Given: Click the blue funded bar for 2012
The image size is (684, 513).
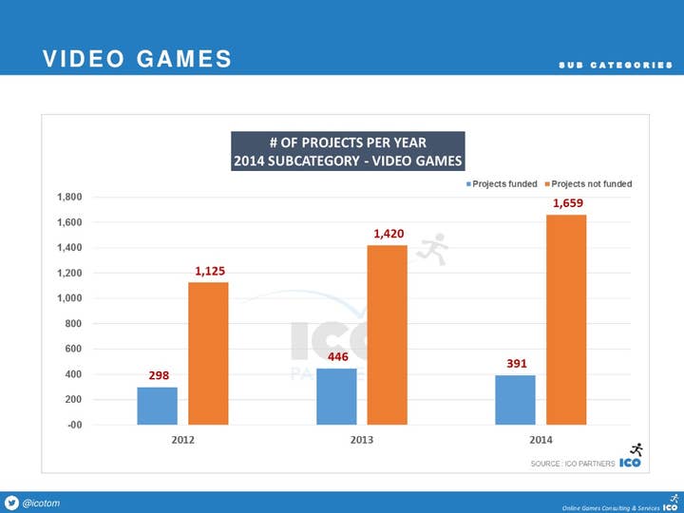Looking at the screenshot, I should tap(157, 406).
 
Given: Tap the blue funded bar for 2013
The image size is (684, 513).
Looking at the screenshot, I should tap(335, 396).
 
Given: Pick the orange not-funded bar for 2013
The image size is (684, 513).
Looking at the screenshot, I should tap(387, 334).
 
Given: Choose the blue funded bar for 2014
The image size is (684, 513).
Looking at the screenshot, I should tap(515, 400).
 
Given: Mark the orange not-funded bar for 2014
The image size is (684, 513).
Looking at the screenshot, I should tap(566, 319).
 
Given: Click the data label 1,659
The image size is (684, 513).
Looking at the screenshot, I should tap(567, 203).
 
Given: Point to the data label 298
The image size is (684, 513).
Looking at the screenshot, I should tap(159, 375).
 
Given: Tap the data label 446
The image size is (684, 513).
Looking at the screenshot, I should tap(338, 356).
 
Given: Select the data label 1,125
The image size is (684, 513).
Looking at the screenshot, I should tap(210, 271).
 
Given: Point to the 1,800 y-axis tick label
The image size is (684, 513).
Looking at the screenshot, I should tap(67, 198).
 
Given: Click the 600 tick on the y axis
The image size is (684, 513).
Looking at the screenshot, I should tap(72, 349).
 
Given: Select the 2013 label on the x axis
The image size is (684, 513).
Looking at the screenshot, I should tap(361, 440).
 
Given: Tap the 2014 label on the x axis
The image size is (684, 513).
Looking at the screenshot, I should tap(541, 440).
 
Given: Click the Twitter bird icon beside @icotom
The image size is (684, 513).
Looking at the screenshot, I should tap(11, 503).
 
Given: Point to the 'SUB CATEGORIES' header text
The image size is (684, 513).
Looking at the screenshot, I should tap(616, 65).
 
